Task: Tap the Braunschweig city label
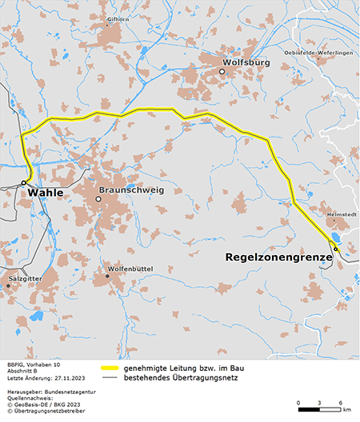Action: tap(130, 190)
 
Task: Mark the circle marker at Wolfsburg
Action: tap(222, 71)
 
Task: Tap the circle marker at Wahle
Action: tap(25, 182)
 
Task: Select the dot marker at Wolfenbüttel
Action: tap(107, 276)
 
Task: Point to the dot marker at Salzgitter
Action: tap(10, 284)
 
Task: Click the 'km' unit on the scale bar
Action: tap(346, 410)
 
